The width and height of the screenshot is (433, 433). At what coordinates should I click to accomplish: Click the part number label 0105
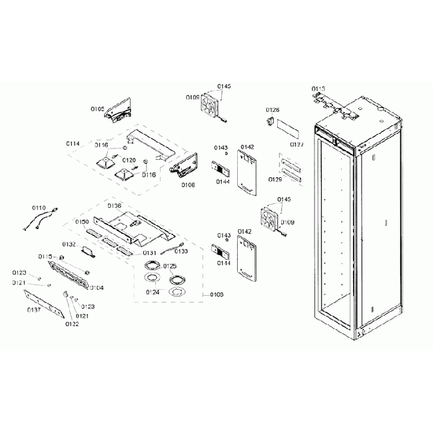click(x=98, y=108)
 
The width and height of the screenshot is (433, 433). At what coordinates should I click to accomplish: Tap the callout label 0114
click(x=73, y=144)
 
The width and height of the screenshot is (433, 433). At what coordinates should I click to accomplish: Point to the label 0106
click(x=188, y=185)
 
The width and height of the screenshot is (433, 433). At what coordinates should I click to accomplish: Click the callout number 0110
click(x=39, y=208)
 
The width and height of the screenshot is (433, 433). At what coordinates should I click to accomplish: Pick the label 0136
click(x=114, y=206)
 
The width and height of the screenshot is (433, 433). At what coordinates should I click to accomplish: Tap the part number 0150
click(x=82, y=221)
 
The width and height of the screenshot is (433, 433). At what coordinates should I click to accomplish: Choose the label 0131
click(x=149, y=252)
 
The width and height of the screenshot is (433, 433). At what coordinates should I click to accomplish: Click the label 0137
click(x=33, y=310)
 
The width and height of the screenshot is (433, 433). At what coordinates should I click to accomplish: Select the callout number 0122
click(x=72, y=324)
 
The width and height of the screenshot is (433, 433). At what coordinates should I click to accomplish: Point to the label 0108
click(x=217, y=294)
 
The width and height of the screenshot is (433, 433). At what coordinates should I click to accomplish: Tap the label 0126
click(x=272, y=109)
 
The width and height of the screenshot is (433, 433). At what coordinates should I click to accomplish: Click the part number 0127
click(x=297, y=143)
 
